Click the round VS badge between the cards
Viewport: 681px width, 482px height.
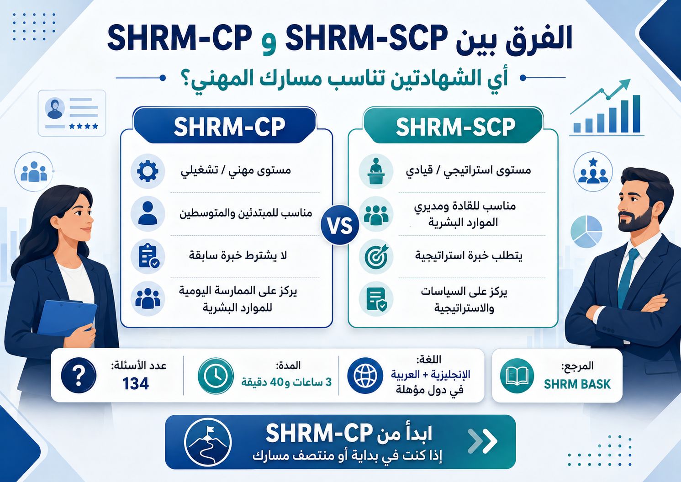tap(340, 225)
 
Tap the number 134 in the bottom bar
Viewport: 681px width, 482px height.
tap(136, 383)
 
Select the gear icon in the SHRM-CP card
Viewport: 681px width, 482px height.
tap(148, 171)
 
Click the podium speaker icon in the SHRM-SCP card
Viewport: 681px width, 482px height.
tap(376, 171)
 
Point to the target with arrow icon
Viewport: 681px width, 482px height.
tap(376, 256)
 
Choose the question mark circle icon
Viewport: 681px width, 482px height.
tap(79, 376)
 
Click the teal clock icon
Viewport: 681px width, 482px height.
tap(215, 376)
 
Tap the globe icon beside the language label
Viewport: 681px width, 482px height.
tap(365, 376)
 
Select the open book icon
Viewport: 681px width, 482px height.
tap(517, 376)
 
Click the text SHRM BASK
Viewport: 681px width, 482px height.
tap(577, 384)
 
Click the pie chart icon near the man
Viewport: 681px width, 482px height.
tap(586, 231)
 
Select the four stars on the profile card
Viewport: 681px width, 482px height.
tap(84, 126)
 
